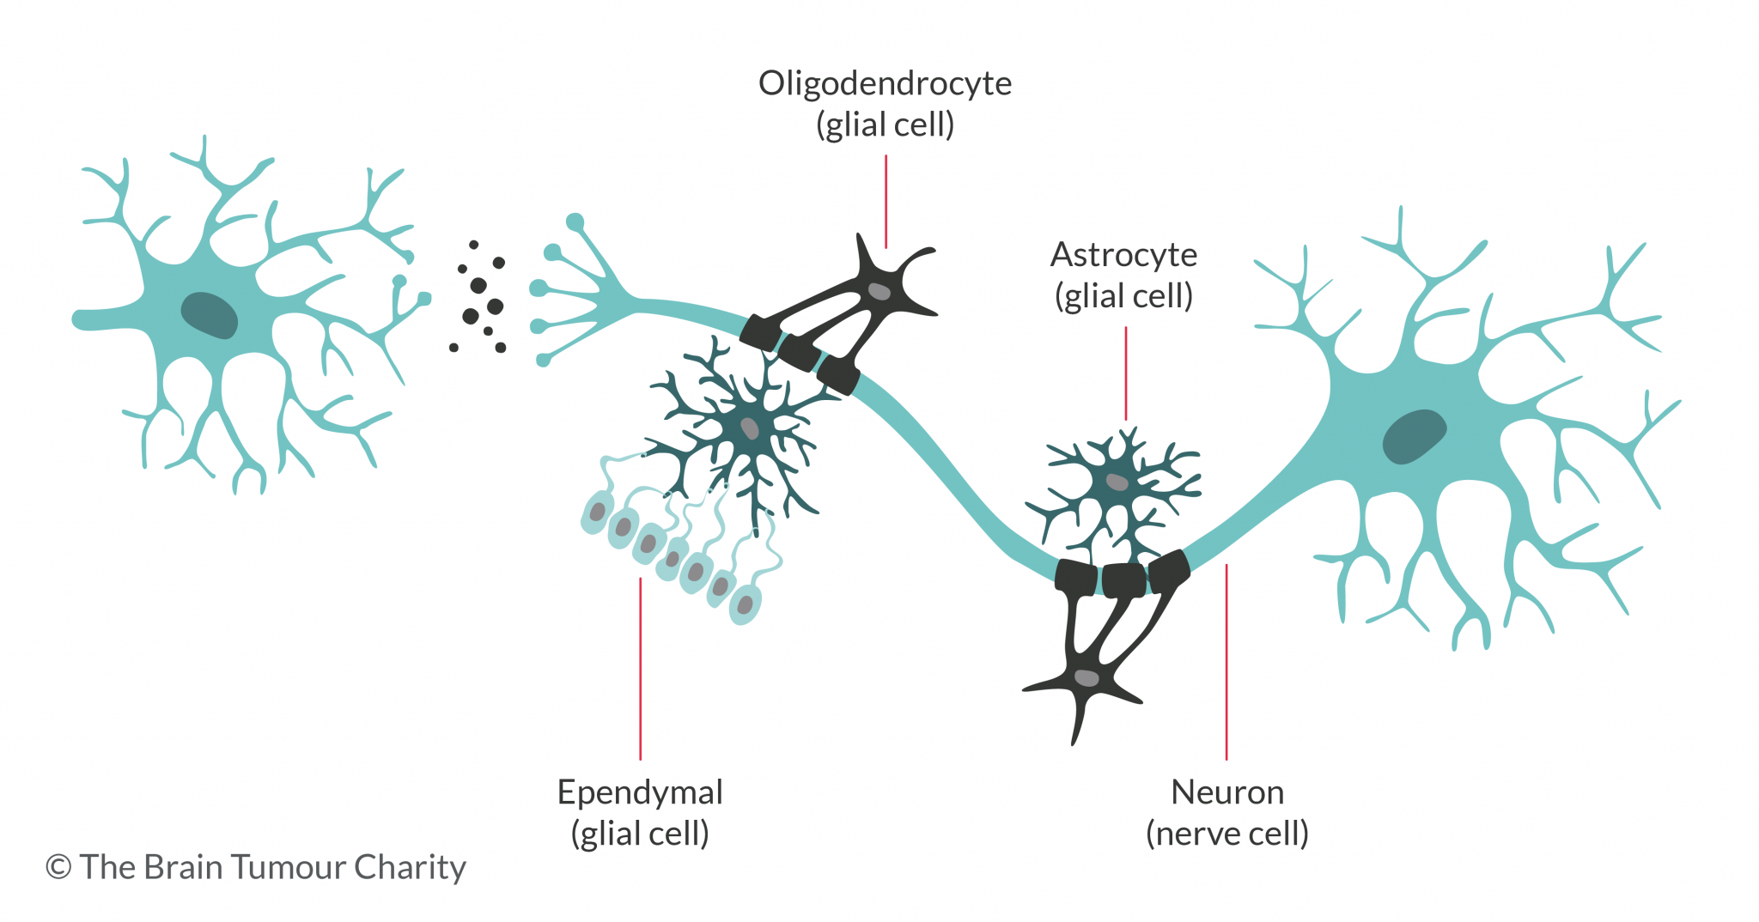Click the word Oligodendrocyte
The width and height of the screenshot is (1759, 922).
click(x=885, y=83)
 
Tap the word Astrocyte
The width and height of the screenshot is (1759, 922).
click(x=1123, y=255)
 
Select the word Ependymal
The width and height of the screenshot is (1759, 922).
click(x=640, y=792)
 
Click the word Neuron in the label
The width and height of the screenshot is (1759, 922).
click(x=1227, y=792)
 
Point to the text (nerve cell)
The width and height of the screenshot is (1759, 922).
click(x=1227, y=834)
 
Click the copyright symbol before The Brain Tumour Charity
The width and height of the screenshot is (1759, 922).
click(x=58, y=867)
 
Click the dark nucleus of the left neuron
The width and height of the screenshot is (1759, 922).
click(x=209, y=315)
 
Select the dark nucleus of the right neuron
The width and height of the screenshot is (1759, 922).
click(x=1414, y=436)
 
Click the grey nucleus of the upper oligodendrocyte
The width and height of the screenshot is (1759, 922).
click(x=879, y=291)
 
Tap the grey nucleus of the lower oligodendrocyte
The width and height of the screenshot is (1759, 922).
click(x=1086, y=678)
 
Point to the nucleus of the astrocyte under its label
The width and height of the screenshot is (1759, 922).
click(x=1117, y=482)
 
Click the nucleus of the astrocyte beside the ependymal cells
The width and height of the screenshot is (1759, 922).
click(x=750, y=428)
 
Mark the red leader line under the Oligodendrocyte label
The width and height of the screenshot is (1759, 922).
click(x=886, y=202)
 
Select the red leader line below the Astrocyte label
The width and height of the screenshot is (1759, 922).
click(x=1125, y=373)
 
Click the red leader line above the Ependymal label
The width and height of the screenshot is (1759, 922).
click(x=640, y=670)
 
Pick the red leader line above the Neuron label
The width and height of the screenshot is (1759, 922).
click(x=1226, y=661)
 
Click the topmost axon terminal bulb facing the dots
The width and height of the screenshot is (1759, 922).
click(x=575, y=222)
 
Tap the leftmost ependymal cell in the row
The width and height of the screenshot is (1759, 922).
click(x=596, y=513)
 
